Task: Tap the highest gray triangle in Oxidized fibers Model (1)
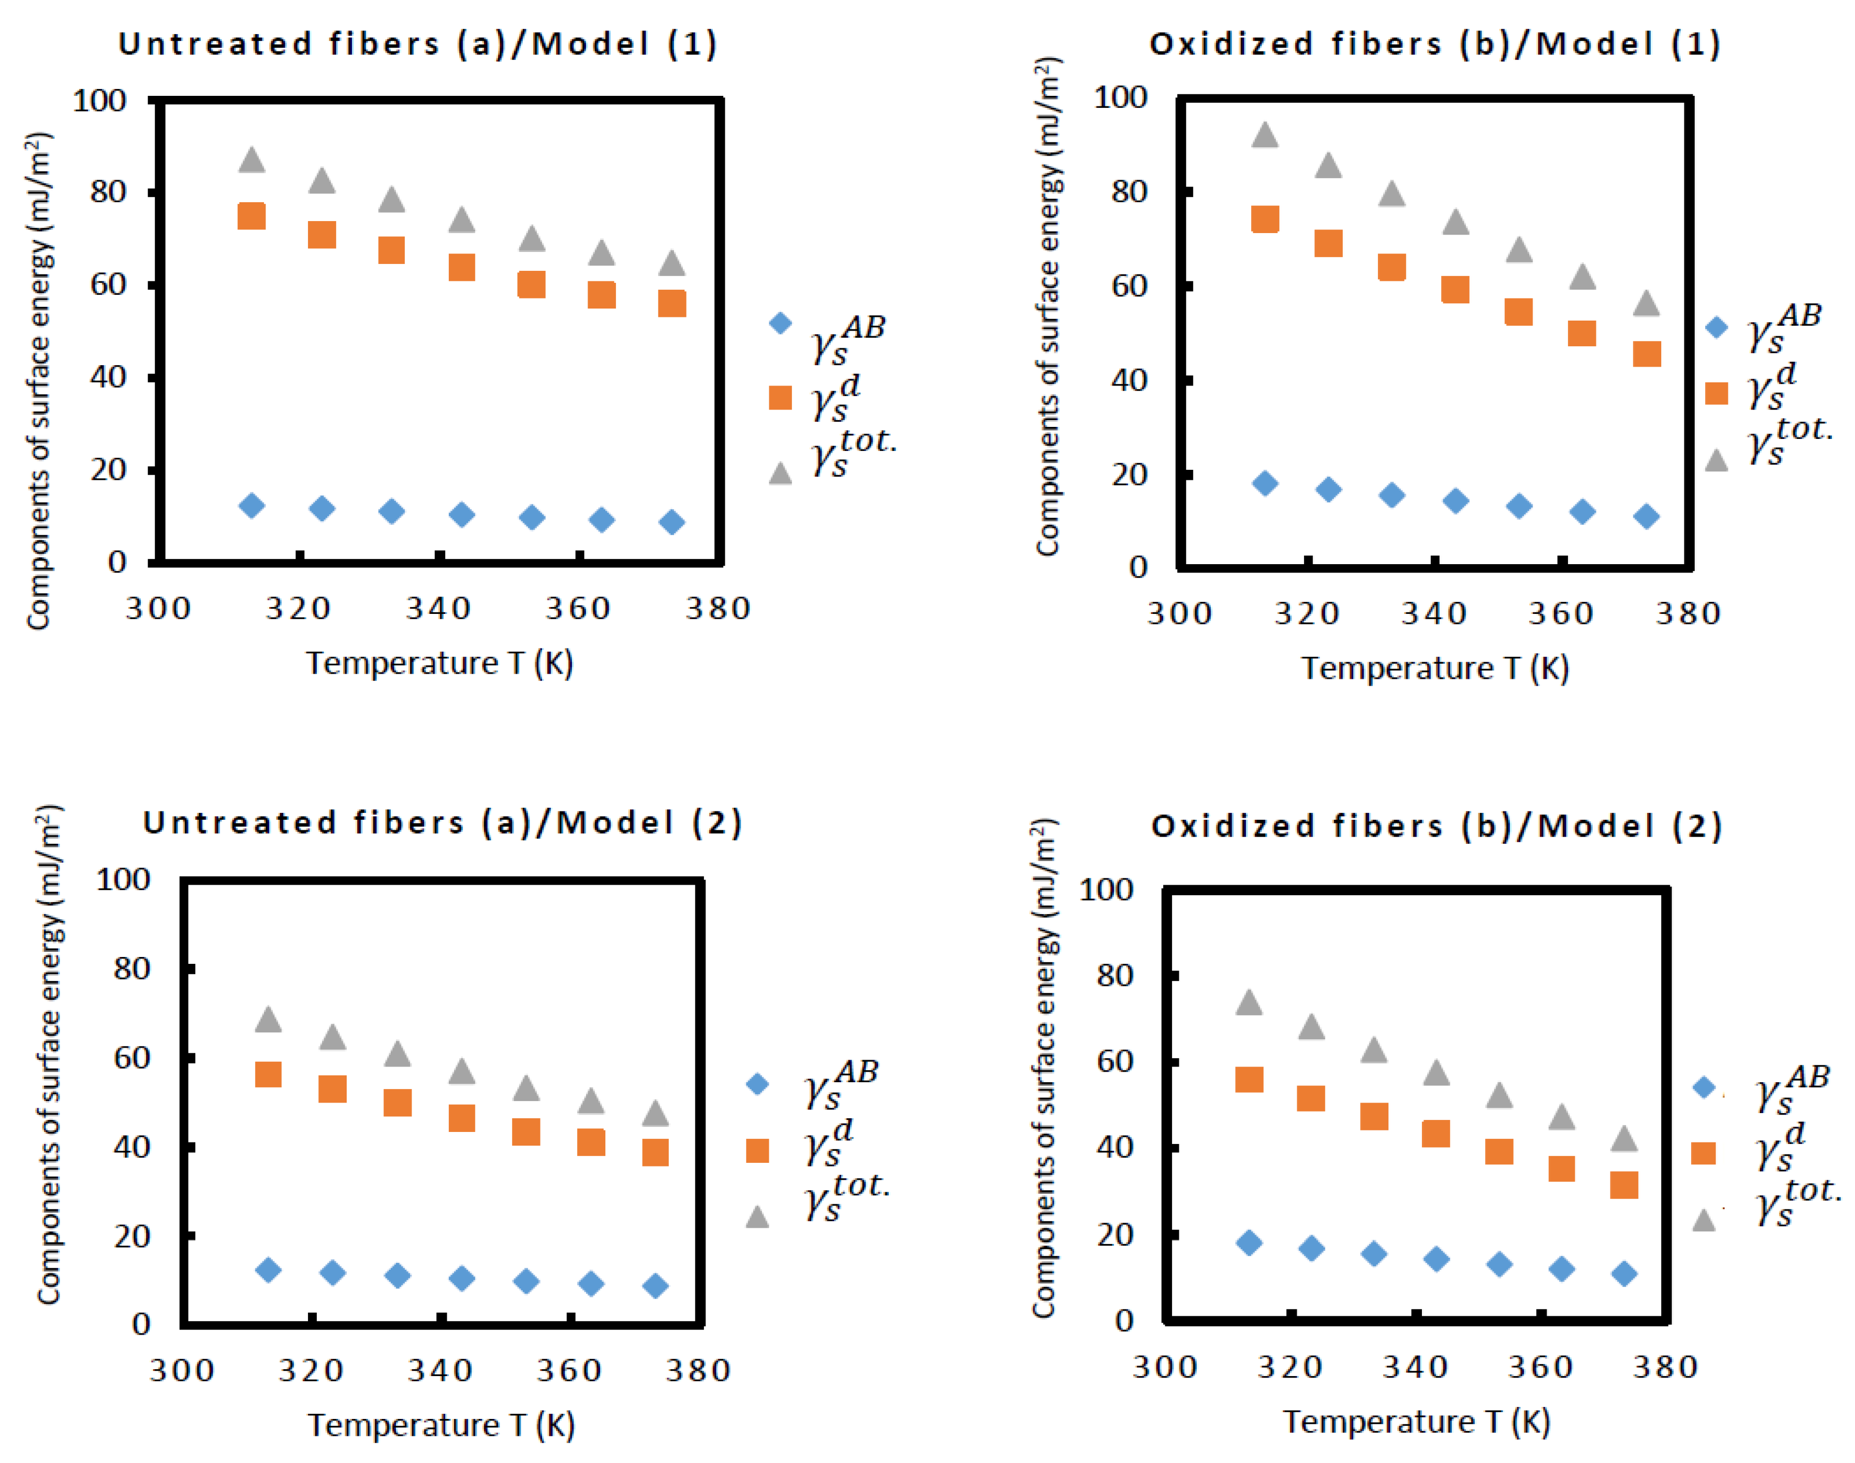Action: (x=1264, y=135)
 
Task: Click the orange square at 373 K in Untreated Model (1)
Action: (x=671, y=303)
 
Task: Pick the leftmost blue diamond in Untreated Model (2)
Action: (x=268, y=1269)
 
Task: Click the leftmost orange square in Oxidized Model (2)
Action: (x=1249, y=1079)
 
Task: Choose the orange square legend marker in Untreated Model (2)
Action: (x=756, y=1150)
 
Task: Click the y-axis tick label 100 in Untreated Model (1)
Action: (x=100, y=101)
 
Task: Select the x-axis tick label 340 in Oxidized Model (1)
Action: (x=1433, y=613)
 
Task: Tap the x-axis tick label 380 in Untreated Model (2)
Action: (x=698, y=1370)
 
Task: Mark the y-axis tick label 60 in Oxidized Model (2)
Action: (x=1114, y=1061)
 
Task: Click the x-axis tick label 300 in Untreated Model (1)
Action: (x=158, y=608)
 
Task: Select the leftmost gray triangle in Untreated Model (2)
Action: (x=268, y=1019)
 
